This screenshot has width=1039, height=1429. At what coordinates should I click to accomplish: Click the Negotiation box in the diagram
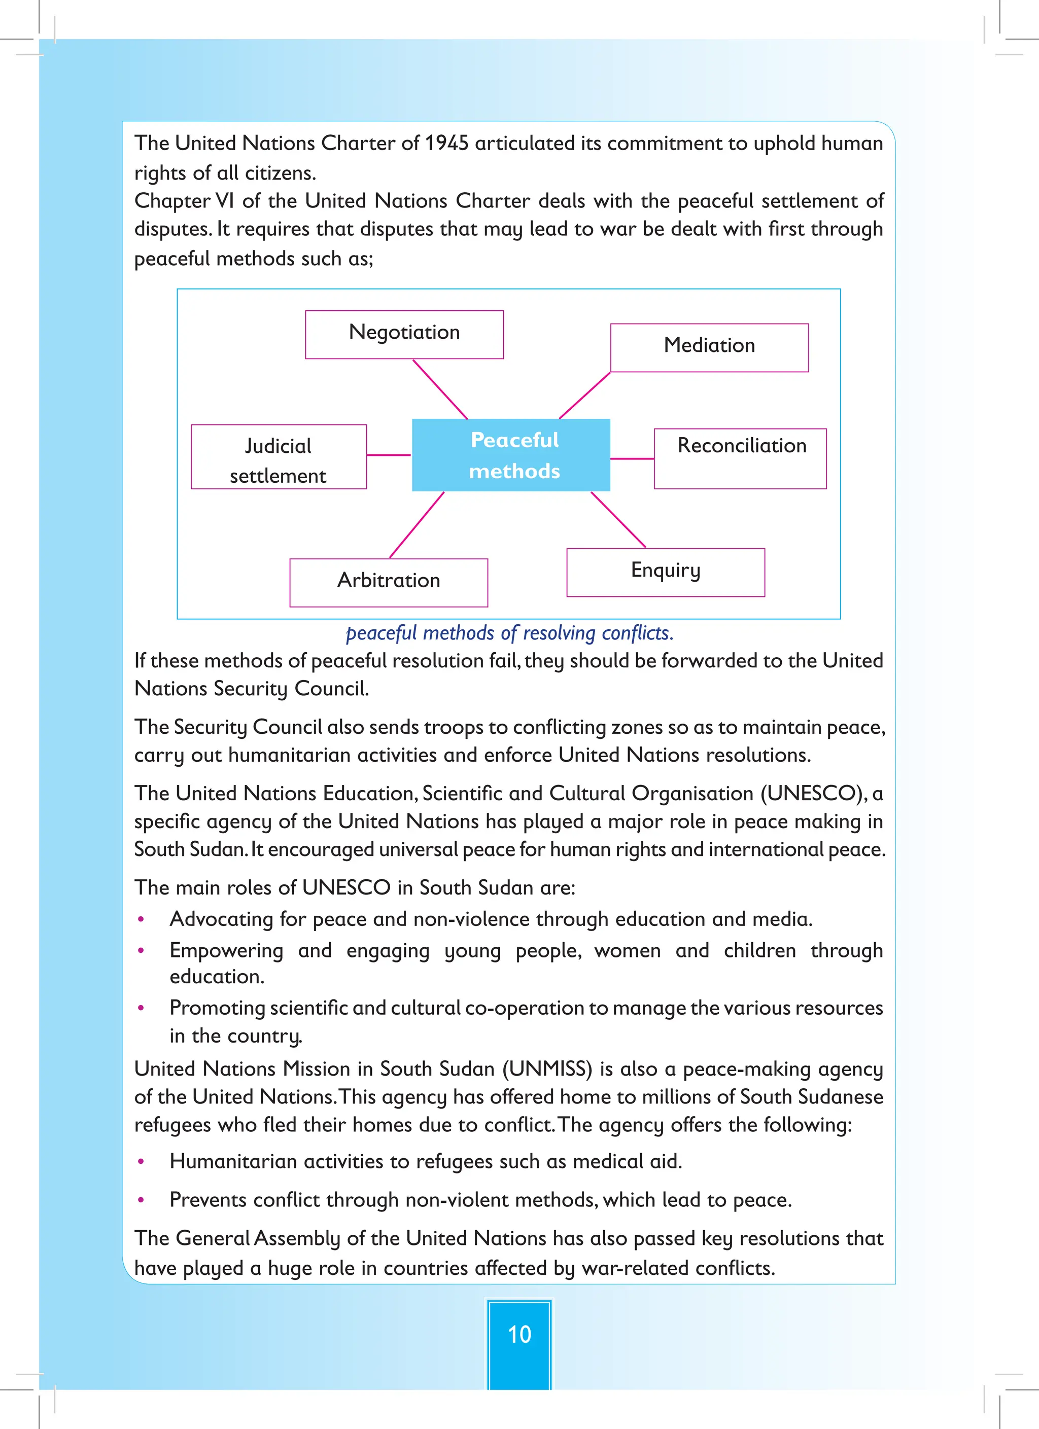[x=404, y=335]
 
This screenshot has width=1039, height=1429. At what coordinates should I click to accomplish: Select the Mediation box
[x=709, y=348]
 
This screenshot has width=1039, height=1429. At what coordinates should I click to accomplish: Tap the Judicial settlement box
[x=279, y=457]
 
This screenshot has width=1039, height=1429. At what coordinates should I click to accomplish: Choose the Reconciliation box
[x=740, y=459]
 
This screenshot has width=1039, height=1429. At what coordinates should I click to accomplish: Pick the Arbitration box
[x=389, y=583]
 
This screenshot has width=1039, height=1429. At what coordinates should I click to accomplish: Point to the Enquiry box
[x=665, y=572]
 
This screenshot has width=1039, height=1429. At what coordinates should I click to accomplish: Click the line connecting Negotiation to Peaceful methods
[x=440, y=389]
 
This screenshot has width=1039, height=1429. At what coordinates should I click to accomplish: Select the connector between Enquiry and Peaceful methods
[x=618, y=520]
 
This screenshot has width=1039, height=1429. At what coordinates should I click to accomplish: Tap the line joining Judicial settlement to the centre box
[x=389, y=455]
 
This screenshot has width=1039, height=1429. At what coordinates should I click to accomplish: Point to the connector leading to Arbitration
[x=417, y=525]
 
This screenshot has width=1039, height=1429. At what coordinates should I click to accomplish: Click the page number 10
[x=519, y=1333]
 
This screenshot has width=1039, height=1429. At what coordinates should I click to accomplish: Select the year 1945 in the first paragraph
[x=446, y=144]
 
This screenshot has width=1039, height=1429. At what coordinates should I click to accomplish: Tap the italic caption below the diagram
[x=509, y=632]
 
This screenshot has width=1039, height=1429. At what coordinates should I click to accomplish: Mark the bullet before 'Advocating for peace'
[x=141, y=920]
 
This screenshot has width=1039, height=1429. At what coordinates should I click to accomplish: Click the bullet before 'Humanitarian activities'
[x=141, y=1162]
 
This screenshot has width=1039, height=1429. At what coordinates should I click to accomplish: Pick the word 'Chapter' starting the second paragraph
[x=172, y=201]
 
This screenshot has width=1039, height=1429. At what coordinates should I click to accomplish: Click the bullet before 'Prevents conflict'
[x=141, y=1200]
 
